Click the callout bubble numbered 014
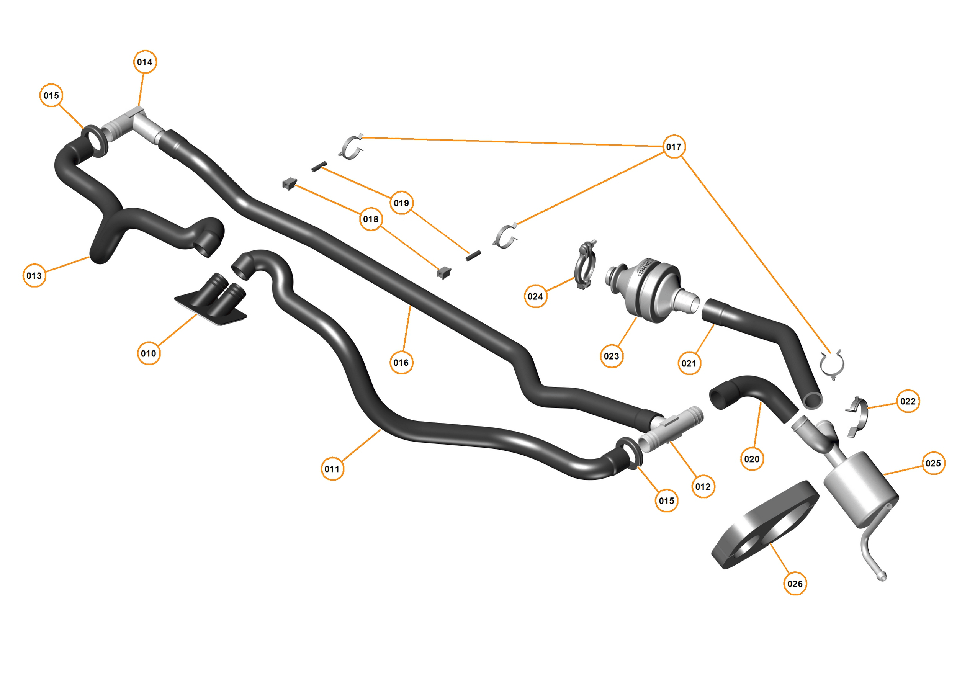[145, 62]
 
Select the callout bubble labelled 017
[674, 147]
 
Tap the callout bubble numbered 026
[795, 584]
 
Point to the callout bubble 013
[34, 276]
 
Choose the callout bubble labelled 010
[148, 353]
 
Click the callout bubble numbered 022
[908, 401]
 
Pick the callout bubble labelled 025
[933, 463]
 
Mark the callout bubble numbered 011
[332, 469]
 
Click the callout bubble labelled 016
[401, 363]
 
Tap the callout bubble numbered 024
[535, 296]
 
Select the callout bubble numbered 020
[752, 459]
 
